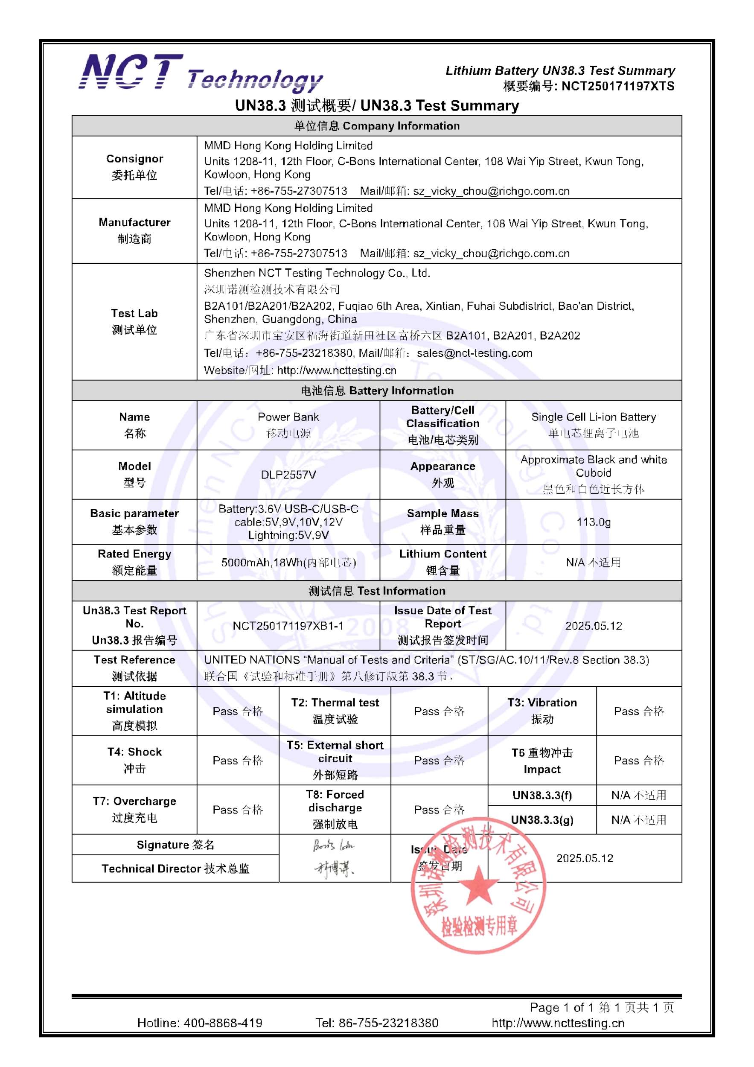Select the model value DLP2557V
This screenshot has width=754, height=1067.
(x=288, y=475)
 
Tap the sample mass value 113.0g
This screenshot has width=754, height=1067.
(x=593, y=522)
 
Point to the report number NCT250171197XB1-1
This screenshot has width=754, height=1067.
(x=288, y=626)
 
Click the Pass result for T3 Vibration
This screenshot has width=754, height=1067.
(x=639, y=711)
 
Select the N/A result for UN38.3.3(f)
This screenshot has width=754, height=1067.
(x=639, y=795)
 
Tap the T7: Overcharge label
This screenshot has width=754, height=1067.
(x=134, y=801)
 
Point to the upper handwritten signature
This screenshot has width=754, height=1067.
(x=334, y=845)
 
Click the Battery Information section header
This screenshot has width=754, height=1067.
(x=377, y=391)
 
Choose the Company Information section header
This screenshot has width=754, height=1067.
(x=377, y=126)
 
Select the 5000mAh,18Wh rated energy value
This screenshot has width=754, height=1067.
(x=288, y=563)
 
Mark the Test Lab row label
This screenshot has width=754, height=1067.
(x=134, y=313)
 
